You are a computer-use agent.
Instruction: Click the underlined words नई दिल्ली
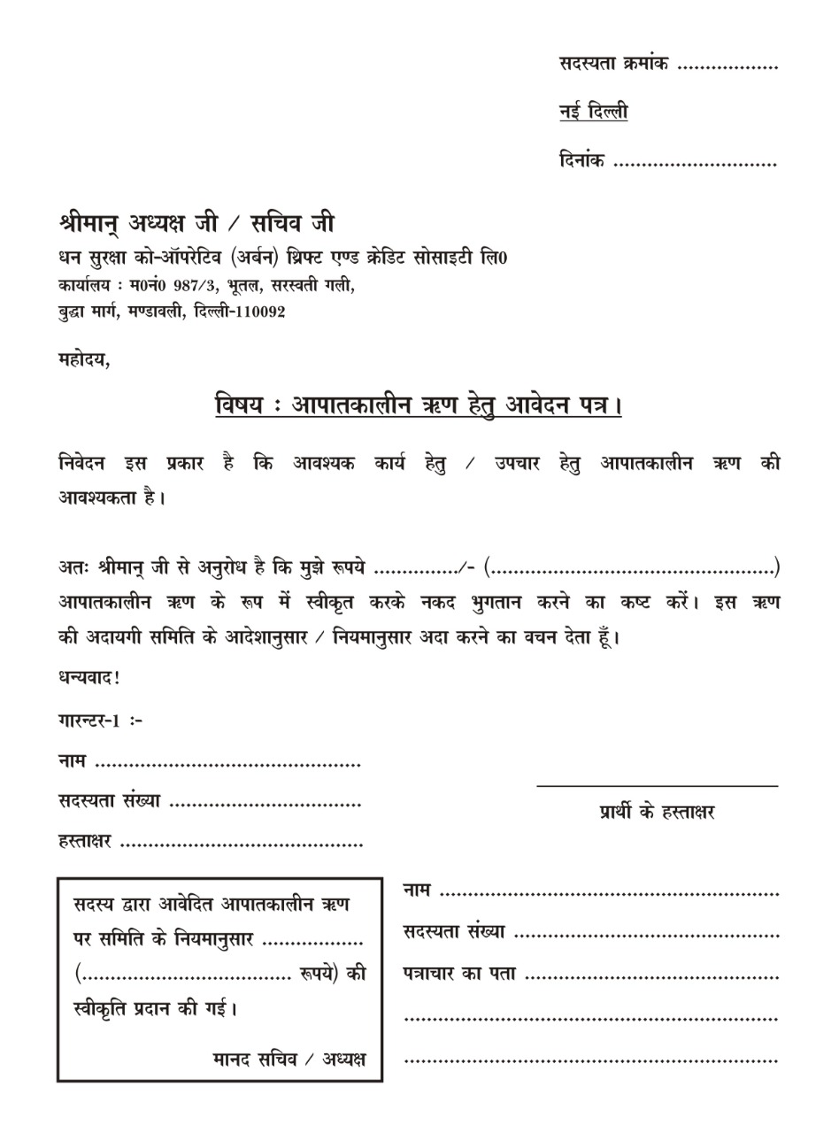(593, 112)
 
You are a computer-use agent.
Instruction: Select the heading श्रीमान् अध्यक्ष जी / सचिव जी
(196, 222)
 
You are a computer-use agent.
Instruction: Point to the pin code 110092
(258, 312)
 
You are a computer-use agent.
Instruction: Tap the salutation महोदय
(83, 359)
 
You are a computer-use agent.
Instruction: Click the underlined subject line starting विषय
(419, 405)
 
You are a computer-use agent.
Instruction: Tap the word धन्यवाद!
(89, 678)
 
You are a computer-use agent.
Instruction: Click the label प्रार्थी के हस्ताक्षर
(657, 812)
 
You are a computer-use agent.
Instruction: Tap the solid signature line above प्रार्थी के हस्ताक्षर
(657, 785)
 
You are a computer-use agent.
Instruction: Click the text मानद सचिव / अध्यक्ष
(289, 1059)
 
